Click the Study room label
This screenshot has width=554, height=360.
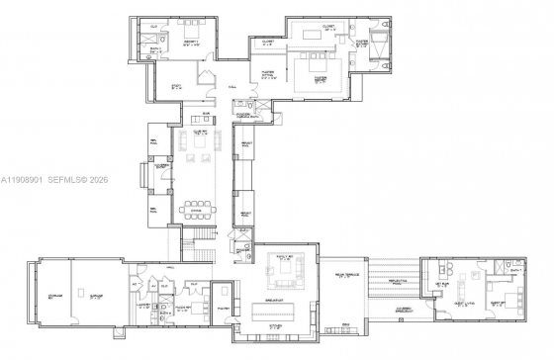[177, 86]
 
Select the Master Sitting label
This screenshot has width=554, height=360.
[265, 72]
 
